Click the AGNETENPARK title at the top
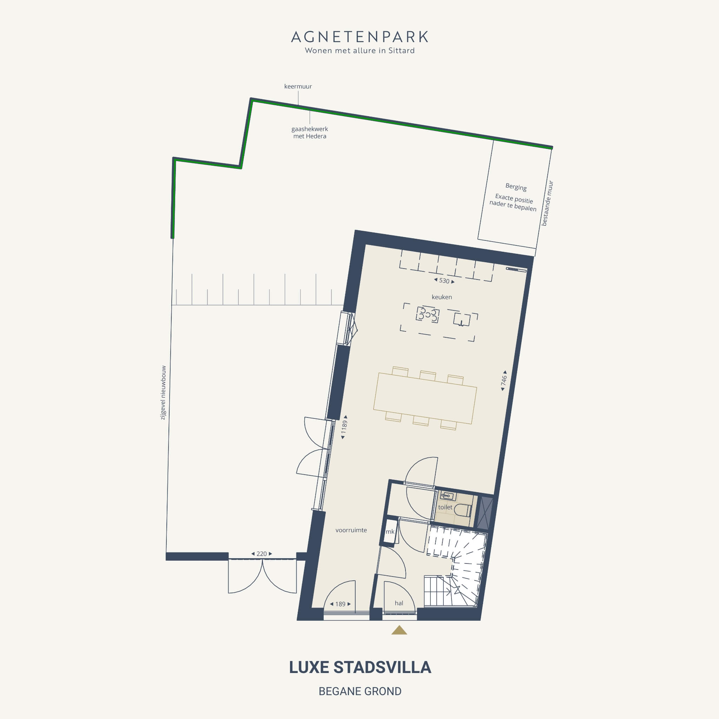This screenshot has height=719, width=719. (x=359, y=37)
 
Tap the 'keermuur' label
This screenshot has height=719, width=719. (x=298, y=86)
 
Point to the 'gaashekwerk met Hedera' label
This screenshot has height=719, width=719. (x=310, y=132)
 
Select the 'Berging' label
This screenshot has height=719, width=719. (x=516, y=187)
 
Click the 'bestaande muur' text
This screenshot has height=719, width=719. (x=547, y=203)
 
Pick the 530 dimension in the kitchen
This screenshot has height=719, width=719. (x=444, y=281)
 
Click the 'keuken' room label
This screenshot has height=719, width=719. (x=442, y=297)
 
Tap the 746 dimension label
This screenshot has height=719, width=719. (x=504, y=380)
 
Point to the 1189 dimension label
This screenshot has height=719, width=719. (x=344, y=427)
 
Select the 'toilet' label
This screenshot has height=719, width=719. (x=445, y=507)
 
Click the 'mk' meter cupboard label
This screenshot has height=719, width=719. (x=390, y=532)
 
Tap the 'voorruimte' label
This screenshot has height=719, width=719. (x=351, y=530)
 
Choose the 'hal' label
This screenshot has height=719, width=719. (x=399, y=603)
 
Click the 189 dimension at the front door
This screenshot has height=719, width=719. (x=340, y=604)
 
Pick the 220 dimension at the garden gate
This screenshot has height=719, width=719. (x=262, y=554)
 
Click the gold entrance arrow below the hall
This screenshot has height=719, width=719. (x=399, y=630)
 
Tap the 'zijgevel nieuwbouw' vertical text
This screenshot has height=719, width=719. (x=163, y=393)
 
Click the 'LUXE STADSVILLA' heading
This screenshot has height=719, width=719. (x=360, y=668)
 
